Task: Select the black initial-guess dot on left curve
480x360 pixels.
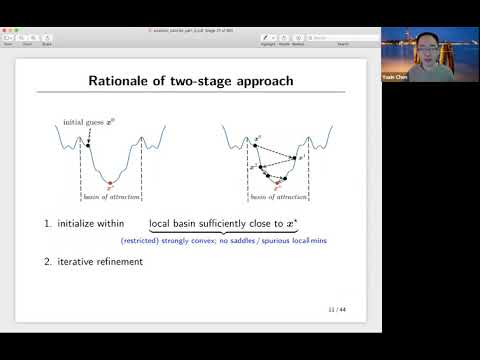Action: [x=88, y=146]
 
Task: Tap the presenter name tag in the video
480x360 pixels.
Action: [x=395, y=74]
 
